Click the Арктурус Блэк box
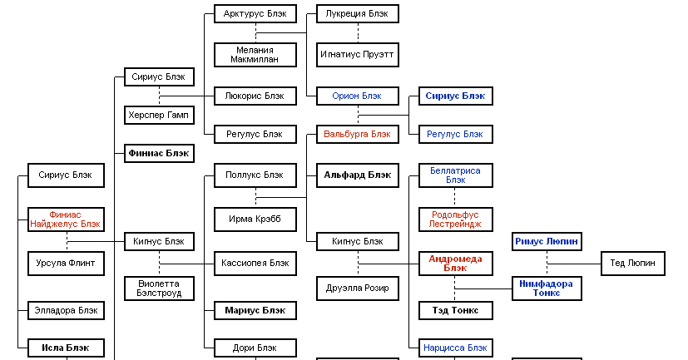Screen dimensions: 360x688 (x=255, y=13)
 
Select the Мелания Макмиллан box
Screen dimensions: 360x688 (x=255, y=55)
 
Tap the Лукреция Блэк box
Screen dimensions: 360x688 (x=358, y=13)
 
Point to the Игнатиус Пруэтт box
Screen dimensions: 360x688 (x=358, y=55)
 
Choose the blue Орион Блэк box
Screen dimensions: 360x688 (x=358, y=96)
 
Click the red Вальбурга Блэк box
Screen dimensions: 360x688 (x=358, y=133)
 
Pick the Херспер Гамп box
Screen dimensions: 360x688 (x=160, y=114)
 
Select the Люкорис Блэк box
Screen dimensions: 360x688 (x=255, y=96)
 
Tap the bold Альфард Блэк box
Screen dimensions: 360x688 (x=358, y=175)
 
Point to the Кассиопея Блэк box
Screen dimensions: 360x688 (x=255, y=263)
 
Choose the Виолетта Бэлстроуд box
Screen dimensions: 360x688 (x=160, y=288)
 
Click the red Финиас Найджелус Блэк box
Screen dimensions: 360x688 (x=66, y=219)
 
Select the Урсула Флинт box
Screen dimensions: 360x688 (x=66, y=263)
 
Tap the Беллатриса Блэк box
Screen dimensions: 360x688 (x=455, y=175)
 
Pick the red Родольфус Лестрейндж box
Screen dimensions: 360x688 (x=455, y=219)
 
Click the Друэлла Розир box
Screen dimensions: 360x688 (x=358, y=288)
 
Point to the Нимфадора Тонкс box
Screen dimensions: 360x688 (x=547, y=288)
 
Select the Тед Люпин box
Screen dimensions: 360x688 (x=633, y=263)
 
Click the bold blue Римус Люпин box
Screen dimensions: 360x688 (x=547, y=241)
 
